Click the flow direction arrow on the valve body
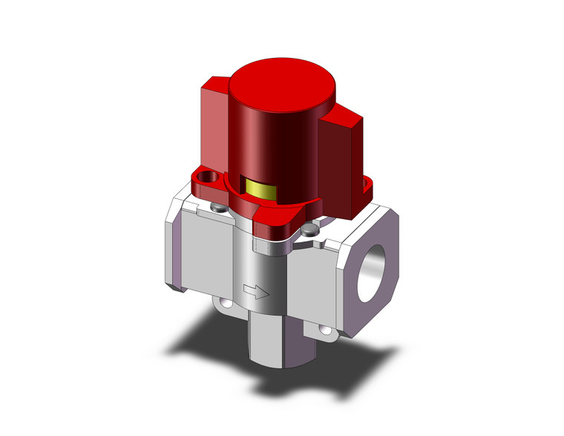pyautogui.click(x=255, y=293)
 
